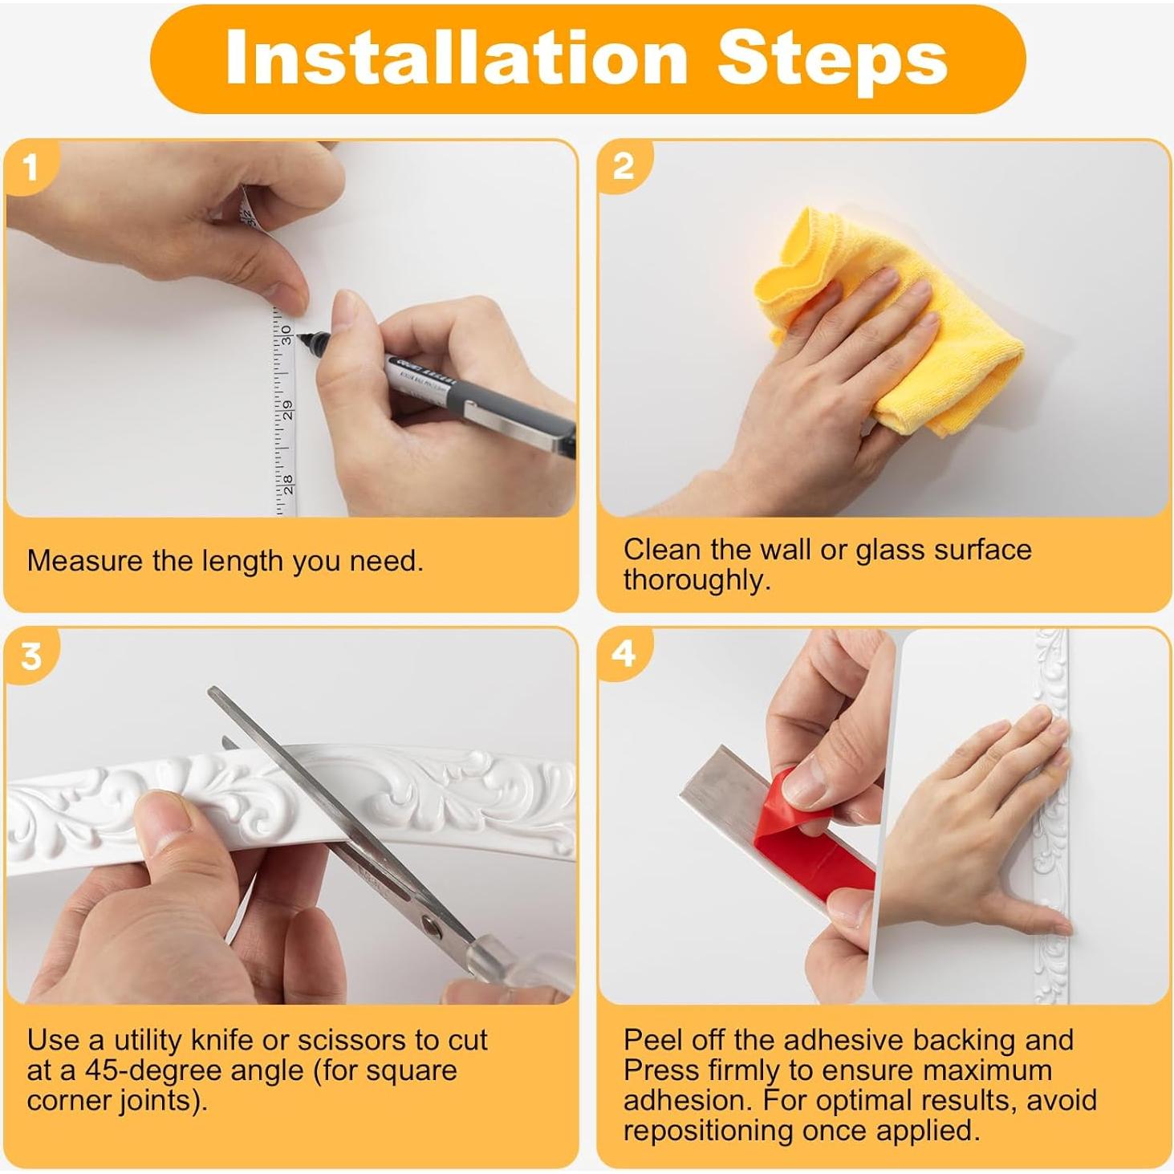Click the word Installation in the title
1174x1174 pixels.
456,59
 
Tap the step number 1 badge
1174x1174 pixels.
30,169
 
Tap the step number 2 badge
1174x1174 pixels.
623,167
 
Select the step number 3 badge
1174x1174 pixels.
30,656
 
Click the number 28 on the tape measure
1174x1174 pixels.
288,485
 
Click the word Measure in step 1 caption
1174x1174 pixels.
85,560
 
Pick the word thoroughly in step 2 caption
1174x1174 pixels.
697,580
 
